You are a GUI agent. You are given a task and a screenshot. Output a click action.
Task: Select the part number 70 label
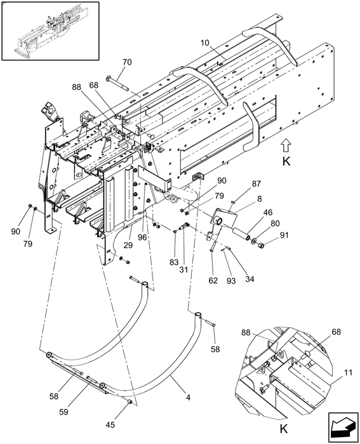tap(127, 62)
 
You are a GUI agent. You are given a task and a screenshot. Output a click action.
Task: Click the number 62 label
tap(213, 280)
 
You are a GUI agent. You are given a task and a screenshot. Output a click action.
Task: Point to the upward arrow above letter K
tap(286, 144)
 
